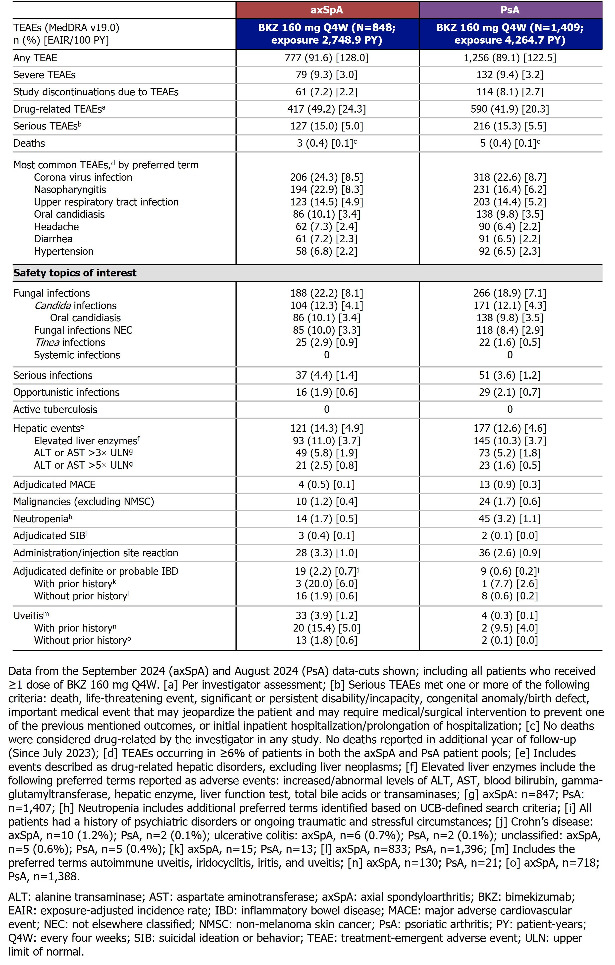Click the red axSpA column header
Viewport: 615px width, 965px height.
pos(327,10)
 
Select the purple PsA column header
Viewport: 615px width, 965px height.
pos(510,10)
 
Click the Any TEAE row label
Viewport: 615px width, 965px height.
pos(35,58)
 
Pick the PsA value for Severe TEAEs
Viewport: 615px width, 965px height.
pos(510,75)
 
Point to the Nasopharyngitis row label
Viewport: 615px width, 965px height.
pos(70,190)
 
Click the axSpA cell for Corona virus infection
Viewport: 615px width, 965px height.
pos(327,177)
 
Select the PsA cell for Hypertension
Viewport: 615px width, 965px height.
pos(510,251)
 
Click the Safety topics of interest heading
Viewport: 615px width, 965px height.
pos(75,273)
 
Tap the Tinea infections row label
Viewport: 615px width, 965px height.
pos(70,343)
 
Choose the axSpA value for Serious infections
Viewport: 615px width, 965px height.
pos(327,376)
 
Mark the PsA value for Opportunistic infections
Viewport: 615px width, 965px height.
pos(510,392)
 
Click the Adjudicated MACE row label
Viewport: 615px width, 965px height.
pos(54,485)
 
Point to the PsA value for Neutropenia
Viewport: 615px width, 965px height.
pos(510,519)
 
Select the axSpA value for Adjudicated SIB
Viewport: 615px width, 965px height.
pos(327,536)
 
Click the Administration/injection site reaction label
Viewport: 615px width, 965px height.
pos(96,553)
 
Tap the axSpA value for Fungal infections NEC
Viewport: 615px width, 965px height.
pos(327,330)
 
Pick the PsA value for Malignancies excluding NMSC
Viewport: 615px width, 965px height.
pos(510,502)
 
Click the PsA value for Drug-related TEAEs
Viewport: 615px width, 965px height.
pos(510,109)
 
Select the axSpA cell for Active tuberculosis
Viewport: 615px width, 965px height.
pos(327,410)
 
